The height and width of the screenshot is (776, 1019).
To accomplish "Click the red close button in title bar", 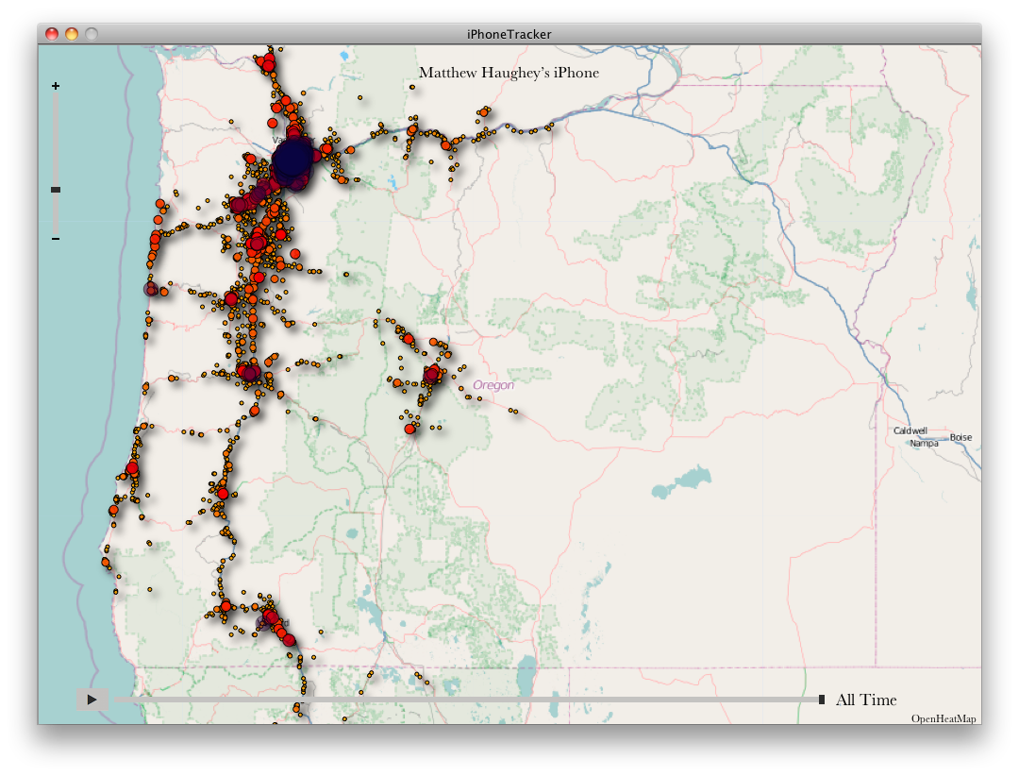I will click(52, 34).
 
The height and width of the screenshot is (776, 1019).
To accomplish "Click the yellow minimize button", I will click(72, 34).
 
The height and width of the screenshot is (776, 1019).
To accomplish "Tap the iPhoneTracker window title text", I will click(509, 34).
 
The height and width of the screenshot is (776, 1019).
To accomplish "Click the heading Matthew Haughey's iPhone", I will click(509, 73).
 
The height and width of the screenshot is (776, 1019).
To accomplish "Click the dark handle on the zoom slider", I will click(56, 190).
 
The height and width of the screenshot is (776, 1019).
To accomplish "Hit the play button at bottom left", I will click(92, 700).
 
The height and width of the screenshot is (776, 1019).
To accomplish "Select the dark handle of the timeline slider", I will click(822, 700).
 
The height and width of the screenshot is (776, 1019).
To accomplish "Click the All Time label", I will click(866, 700).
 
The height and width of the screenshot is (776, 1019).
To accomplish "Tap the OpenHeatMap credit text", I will click(944, 719).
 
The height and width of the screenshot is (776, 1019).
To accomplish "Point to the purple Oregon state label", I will click(493, 385).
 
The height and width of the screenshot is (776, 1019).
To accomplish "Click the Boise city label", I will click(961, 437).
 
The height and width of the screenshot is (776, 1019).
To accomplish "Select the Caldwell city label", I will click(910, 430).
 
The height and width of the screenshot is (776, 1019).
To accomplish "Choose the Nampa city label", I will click(924, 443).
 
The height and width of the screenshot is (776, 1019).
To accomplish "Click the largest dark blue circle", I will click(294, 162).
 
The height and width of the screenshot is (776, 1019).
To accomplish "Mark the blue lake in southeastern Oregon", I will click(680, 483).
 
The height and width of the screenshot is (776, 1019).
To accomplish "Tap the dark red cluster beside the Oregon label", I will click(432, 375).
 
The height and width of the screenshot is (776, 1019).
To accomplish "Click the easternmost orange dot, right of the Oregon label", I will click(516, 412).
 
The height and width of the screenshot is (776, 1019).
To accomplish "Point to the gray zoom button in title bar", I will click(92, 34).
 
